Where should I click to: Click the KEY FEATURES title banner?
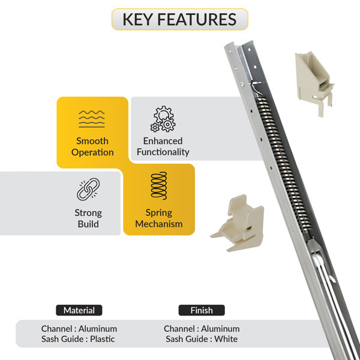point(180,19)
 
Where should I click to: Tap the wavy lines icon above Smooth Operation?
point(92,119)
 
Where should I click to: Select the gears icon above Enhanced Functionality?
point(163,119)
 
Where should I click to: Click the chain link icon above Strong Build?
point(88,189)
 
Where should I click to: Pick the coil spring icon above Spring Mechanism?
point(159,186)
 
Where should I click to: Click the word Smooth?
point(92,141)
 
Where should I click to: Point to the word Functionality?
point(163,152)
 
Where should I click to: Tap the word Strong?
point(88,213)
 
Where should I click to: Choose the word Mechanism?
point(159,224)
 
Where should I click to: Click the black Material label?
point(79,310)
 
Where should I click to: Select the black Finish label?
point(202,310)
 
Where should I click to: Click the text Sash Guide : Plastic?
point(78,339)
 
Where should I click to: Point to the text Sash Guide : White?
point(202,339)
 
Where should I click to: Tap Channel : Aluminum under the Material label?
point(79,329)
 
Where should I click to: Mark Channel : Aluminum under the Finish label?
point(202,329)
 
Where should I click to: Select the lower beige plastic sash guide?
point(239,224)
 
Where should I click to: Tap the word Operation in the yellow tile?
point(92,152)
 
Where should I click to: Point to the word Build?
point(88,224)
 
